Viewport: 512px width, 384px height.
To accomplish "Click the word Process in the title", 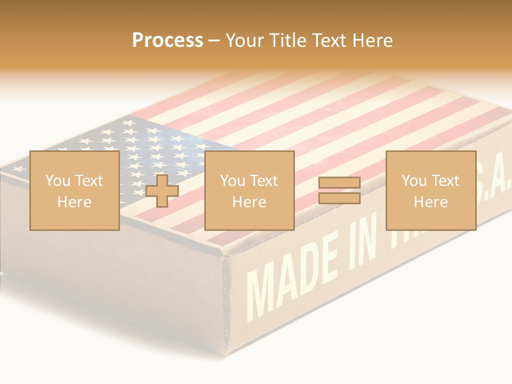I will tap(167, 41).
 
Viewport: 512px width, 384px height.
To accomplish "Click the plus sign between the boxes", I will tap(162, 190).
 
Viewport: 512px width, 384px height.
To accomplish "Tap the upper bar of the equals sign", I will tap(339, 183).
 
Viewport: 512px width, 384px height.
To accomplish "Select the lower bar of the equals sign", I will tap(339, 198).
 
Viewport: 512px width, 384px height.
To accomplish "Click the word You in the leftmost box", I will tap(58, 181).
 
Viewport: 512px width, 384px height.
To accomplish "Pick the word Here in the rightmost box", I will tap(430, 202).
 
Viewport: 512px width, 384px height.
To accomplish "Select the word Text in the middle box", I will tap(264, 181).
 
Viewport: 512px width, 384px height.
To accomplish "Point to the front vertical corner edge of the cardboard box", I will tap(228, 304).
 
